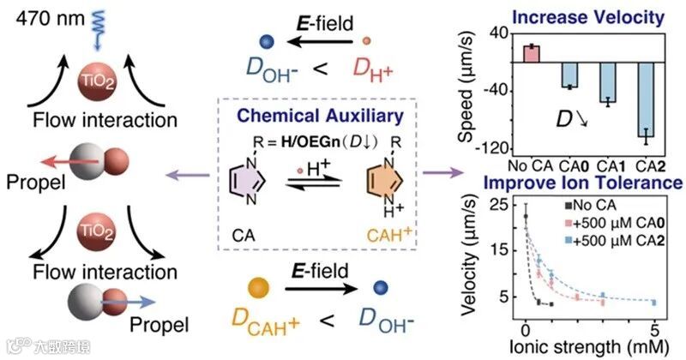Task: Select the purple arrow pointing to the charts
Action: tap(443, 174)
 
